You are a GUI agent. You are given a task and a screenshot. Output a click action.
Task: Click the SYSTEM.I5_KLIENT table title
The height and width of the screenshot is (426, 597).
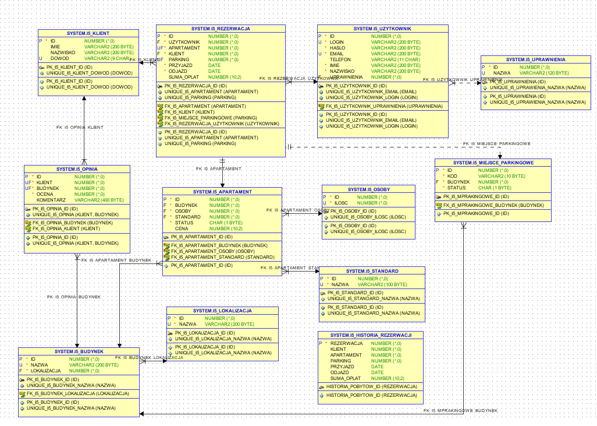pos(88,33)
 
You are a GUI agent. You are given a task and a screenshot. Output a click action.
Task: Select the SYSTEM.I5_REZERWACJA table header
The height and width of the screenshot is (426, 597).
pos(221,28)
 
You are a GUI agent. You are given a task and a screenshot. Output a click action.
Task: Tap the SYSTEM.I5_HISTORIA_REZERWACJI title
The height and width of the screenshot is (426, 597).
pos(371,336)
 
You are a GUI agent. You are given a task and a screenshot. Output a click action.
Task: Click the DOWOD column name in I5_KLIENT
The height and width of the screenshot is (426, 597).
pos(60,58)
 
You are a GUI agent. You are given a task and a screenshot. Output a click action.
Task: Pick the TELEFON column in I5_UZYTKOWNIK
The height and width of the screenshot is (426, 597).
pos(340,59)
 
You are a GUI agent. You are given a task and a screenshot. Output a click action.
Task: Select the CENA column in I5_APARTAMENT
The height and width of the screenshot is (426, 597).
pos(182,228)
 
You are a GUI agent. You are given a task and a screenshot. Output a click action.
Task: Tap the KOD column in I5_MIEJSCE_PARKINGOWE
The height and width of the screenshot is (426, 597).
pos(452,176)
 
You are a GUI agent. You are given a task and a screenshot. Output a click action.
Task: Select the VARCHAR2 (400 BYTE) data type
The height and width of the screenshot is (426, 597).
pos(99,200)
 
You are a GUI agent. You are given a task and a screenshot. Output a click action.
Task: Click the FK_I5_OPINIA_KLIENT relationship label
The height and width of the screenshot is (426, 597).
pos(80,127)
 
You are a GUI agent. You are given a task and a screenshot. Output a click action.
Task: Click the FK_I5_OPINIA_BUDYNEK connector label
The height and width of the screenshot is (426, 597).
pos(74,297)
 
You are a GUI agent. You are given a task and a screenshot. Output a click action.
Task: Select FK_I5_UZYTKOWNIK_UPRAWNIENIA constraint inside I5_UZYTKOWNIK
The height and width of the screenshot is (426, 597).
pos(379,106)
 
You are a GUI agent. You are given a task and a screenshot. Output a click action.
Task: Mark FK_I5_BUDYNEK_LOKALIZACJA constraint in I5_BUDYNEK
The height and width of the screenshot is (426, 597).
pos(78,393)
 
